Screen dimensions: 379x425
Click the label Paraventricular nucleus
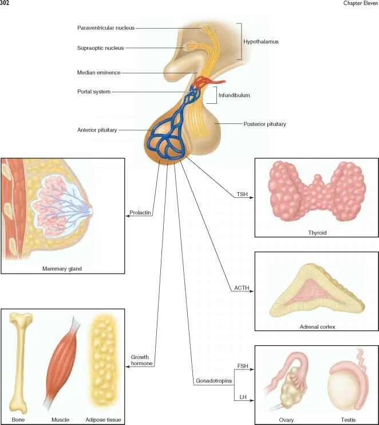coord(106,28)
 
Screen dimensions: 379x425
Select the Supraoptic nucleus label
coord(100,48)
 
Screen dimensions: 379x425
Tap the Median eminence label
coord(98,73)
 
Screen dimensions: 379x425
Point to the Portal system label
coord(94,91)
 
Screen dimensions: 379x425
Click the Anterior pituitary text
coord(97,130)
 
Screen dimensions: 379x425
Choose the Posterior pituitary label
coord(264,124)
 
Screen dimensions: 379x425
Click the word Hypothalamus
coord(260,42)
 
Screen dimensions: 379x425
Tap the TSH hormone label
coord(242,194)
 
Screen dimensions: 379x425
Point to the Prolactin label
coord(140,213)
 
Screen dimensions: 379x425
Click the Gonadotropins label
coord(214,381)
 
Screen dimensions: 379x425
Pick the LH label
coord(243,396)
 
